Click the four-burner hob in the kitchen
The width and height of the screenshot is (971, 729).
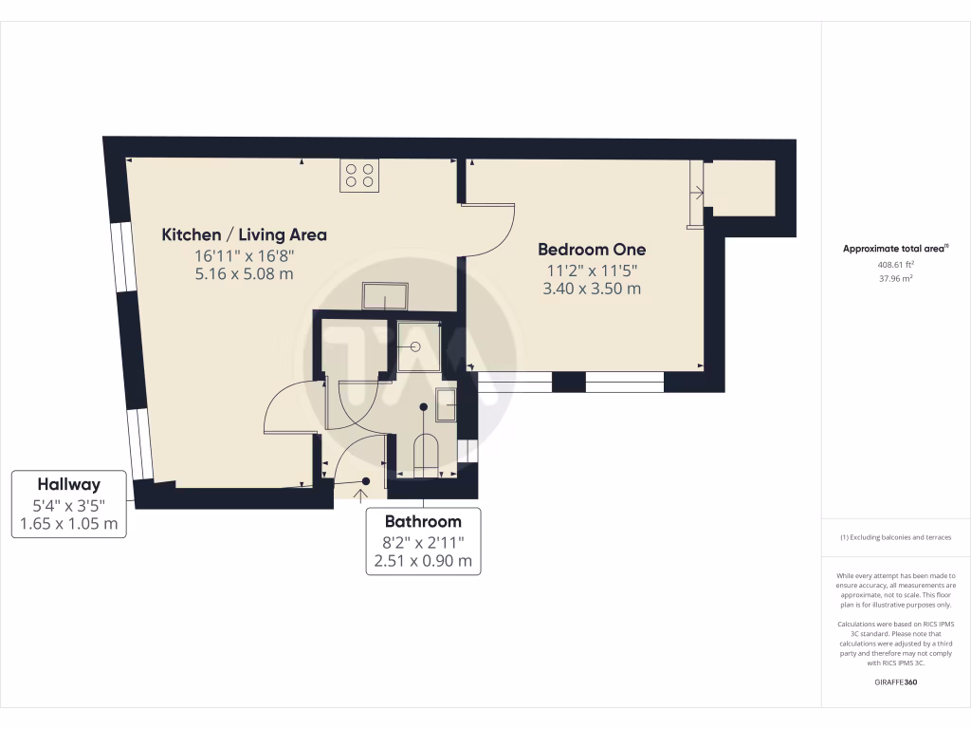point(359,176)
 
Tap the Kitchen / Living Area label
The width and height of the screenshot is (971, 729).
point(245,234)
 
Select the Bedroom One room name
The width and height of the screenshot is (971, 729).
point(592,250)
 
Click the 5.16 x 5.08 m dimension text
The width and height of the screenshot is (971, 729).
point(245,273)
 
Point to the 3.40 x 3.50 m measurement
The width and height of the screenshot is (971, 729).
point(592,289)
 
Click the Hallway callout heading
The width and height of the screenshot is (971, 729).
point(68,483)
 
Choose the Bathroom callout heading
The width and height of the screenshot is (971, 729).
point(423,521)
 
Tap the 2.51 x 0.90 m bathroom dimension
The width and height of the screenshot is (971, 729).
point(423,561)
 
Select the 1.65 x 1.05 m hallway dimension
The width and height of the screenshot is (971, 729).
point(68,523)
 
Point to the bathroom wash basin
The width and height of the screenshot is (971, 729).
point(446,404)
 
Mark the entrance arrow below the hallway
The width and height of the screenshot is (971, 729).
point(361,492)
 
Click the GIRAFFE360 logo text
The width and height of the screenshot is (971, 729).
point(895,682)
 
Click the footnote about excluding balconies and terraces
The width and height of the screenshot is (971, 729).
point(895,538)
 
